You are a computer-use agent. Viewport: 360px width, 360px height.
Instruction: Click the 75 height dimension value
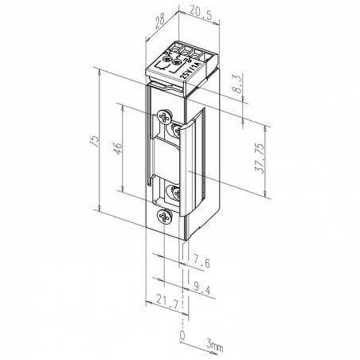pos(94,142)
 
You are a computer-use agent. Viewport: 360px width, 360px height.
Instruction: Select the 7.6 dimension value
pos(203,260)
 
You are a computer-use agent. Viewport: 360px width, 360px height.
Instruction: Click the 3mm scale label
pos(214,346)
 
